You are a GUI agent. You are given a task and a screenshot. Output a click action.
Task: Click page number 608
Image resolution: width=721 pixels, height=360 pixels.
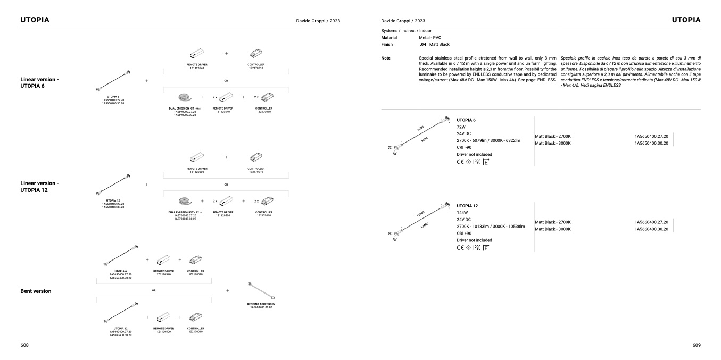[24, 345]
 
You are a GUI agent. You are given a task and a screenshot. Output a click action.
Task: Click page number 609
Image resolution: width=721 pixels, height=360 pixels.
[697, 345]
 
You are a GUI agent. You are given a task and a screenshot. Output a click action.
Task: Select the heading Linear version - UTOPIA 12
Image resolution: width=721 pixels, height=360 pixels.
[39, 187]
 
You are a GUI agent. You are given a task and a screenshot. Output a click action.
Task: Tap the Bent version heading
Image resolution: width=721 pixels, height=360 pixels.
[36, 291]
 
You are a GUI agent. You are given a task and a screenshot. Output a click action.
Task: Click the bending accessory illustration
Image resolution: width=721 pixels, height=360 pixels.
[261, 291]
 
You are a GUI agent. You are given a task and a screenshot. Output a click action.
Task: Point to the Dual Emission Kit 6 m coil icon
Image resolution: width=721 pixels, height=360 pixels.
[184, 97]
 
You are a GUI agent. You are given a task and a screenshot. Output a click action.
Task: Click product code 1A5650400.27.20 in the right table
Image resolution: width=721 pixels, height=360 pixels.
[651, 136]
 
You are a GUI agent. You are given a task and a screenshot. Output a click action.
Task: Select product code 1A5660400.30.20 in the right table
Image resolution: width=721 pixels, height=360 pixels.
[651, 229]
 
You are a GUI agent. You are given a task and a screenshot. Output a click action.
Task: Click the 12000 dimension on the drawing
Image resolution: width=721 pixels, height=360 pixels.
[420, 213]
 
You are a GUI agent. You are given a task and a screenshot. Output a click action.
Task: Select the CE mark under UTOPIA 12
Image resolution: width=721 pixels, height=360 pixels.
[461, 247]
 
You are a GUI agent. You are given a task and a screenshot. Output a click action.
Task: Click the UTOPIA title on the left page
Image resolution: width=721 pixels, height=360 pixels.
[35, 20]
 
